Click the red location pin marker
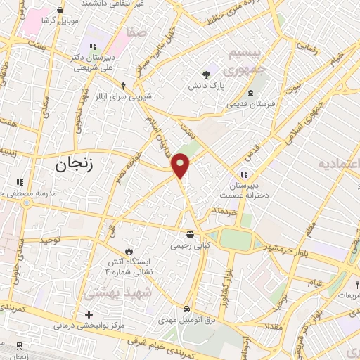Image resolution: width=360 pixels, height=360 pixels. click(181, 165)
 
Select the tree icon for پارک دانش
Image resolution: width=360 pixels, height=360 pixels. click(206, 75)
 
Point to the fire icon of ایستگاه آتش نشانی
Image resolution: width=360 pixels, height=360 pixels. click(129, 251)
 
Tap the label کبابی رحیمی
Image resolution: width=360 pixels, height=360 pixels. click(189, 246)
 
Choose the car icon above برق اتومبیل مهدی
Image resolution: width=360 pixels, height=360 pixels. click(186, 309)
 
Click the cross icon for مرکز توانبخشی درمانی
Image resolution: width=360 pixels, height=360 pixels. click(88, 314)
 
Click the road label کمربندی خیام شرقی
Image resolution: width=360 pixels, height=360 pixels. click(162, 343)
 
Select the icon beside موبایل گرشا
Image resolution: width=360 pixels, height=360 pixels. click(60, 11)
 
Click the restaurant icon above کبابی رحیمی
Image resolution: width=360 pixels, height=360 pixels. click(189, 234)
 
